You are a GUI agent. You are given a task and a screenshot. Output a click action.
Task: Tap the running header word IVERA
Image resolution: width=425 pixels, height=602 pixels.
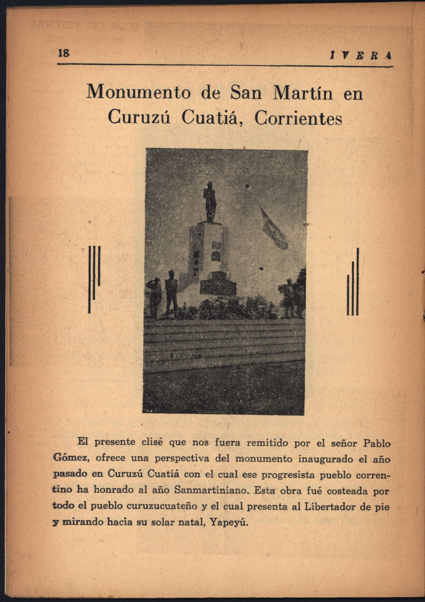tap(361, 56)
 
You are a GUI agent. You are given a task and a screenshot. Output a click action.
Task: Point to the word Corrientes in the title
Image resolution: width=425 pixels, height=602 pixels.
tap(298, 118)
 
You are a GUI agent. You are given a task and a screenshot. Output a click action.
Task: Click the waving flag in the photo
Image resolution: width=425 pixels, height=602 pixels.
tap(274, 229)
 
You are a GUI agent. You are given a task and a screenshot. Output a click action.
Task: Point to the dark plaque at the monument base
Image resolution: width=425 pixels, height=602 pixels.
tap(218, 287)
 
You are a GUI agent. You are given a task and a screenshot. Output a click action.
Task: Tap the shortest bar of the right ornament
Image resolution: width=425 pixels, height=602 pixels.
tap(348, 295)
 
